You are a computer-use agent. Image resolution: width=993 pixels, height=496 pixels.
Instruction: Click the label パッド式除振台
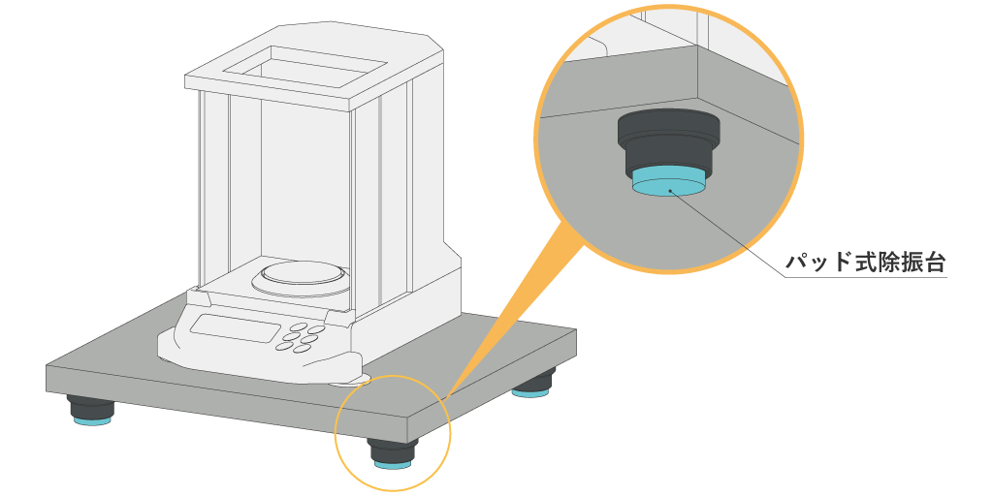pos(866,262)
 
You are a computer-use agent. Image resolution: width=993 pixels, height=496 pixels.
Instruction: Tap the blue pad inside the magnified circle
pos(668,182)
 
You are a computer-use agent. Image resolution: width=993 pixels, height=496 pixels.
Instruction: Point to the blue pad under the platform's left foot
pos(92,420)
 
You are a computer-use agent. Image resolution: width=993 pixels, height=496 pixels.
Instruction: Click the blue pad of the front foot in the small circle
pos(393,465)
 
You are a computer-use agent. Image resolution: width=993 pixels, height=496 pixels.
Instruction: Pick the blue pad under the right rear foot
pos(530,393)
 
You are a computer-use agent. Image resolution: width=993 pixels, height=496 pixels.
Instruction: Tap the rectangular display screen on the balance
pos(235,328)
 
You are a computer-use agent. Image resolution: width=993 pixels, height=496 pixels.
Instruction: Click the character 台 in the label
pos(934,262)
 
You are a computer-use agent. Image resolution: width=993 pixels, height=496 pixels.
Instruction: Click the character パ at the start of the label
pos(796,263)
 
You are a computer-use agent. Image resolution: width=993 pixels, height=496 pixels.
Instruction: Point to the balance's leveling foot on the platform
pos(349,381)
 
